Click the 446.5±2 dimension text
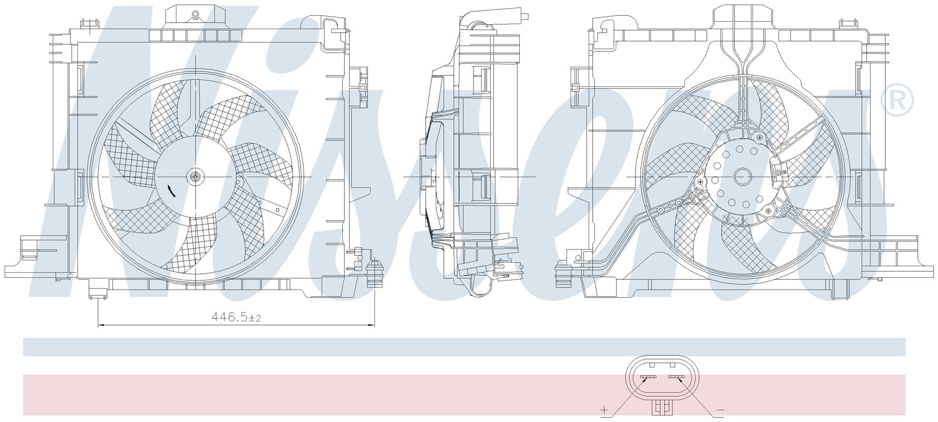[x=236, y=318]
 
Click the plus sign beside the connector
[x=604, y=410]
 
